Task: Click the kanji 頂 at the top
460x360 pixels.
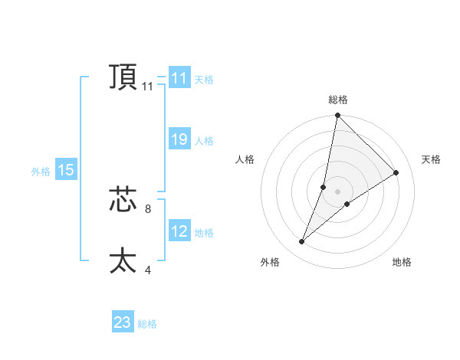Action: point(123,77)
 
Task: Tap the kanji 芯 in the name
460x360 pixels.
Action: point(123,201)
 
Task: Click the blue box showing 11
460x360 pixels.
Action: point(179,78)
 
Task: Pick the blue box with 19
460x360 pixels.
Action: point(179,139)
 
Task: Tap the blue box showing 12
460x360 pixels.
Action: point(179,231)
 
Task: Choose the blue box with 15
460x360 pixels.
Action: point(66,170)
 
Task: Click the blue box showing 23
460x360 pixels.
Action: point(123,322)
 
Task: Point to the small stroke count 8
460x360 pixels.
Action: point(147,208)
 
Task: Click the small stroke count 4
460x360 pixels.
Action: point(147,270)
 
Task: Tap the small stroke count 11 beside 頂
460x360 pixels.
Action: point(147,87)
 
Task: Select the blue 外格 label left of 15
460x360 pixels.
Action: point(41,172)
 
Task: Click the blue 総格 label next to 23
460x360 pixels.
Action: point(147,324)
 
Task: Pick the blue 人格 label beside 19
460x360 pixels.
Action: point(204,141)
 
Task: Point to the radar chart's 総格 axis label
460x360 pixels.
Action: point(338,100)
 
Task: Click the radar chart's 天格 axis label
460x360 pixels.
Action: point(431,159)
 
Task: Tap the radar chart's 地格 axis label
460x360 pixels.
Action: point(402,263)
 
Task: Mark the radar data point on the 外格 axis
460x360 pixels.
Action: point(302,242)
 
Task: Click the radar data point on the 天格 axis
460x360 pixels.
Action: point(396,173)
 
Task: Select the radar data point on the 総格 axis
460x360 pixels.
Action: point(338,116)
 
